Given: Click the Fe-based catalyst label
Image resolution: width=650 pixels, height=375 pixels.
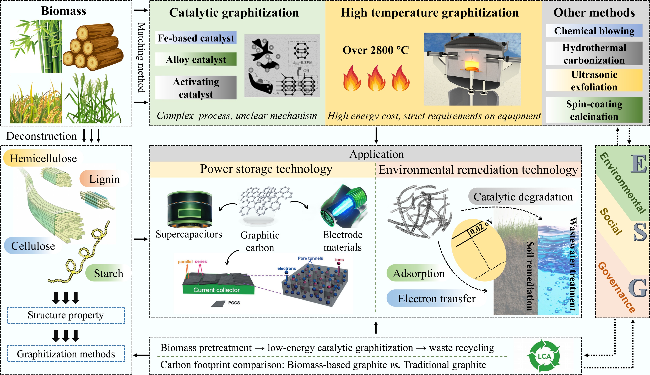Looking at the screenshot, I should point(196,38).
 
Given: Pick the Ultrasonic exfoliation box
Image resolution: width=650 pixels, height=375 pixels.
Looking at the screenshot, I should point(594,81).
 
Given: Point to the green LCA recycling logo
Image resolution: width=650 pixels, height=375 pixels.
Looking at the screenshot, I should point(544,356).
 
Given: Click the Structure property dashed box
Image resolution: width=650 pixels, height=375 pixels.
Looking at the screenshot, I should point(66,315).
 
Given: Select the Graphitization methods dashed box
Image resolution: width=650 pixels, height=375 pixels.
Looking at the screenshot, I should point(66,354).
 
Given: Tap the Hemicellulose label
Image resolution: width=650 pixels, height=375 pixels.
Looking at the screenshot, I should point(43,158).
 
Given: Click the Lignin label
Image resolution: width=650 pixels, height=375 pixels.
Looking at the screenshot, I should point(104,179).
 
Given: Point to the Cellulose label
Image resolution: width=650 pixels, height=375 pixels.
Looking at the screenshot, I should point(33,246).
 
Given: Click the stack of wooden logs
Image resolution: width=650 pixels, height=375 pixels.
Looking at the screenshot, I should point(93,47).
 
